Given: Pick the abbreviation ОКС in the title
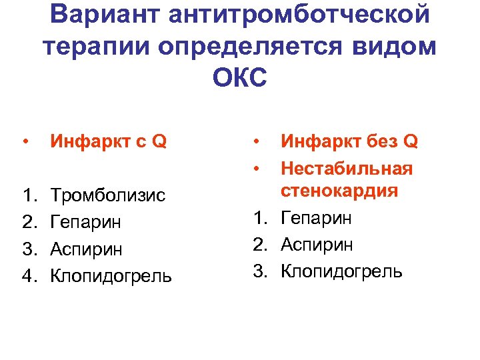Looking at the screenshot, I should point(239,77).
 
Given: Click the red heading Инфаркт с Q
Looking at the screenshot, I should point(109,141).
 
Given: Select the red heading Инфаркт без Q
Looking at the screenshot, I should point(349,141).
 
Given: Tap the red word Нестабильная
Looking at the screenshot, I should point(347,168).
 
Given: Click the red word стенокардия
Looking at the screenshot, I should point(339,191).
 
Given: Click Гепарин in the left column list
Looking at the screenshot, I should point(87,222).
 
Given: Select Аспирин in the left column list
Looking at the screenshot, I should point(87,249).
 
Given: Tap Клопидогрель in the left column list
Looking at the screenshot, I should point(111,275).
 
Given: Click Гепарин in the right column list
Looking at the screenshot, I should point(317,218).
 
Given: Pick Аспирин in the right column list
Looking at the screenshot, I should point(316,245).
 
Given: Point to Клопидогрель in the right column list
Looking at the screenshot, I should point(341,271).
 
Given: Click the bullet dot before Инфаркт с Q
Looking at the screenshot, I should point(25,141).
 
